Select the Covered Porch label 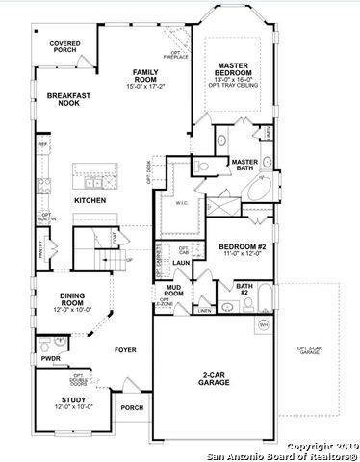tap(66, 47)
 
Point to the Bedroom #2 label tap(241, 249)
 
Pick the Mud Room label tap(174, 290)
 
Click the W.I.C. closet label tap(182, 203)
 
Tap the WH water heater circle tap(263, 325)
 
